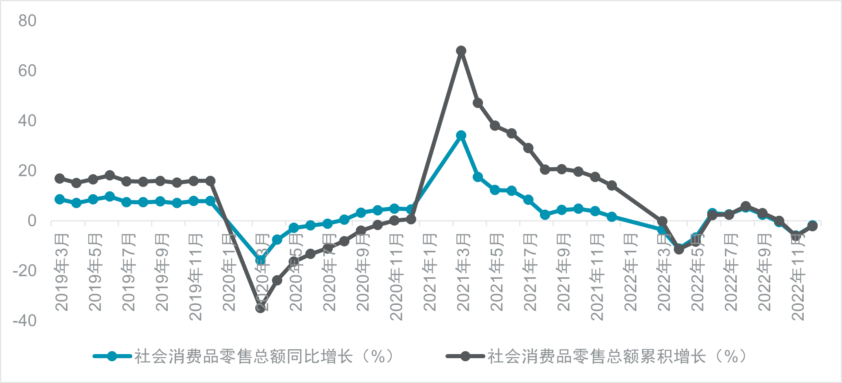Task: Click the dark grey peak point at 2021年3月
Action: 461,51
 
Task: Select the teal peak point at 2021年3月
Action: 461,136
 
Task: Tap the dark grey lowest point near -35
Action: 261,308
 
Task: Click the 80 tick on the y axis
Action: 27,21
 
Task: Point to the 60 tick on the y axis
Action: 27,71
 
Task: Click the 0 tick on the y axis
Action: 32,221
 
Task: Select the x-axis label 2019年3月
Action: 62,272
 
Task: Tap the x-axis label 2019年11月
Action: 196,277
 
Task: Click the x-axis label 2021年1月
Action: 430,272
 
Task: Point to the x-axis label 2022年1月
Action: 631,272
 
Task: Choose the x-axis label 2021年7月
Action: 530,272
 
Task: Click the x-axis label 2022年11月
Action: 798,277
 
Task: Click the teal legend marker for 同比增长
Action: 112,357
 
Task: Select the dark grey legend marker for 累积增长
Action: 465,357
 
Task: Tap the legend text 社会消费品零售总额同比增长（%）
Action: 265,357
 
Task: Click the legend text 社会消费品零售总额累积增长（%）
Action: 618,357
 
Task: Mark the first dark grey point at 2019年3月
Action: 59,179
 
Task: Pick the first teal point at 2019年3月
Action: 59,199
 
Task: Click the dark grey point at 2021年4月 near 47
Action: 478,103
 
